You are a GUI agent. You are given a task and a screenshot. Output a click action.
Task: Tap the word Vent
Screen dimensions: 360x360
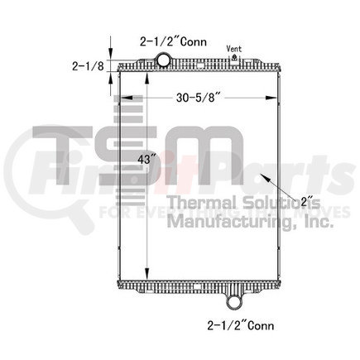coord(235,48)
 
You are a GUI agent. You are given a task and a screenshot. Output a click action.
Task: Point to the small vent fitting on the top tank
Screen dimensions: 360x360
coord(234,57)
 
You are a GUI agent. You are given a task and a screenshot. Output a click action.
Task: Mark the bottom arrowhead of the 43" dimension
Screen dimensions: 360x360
coord(146,275)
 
